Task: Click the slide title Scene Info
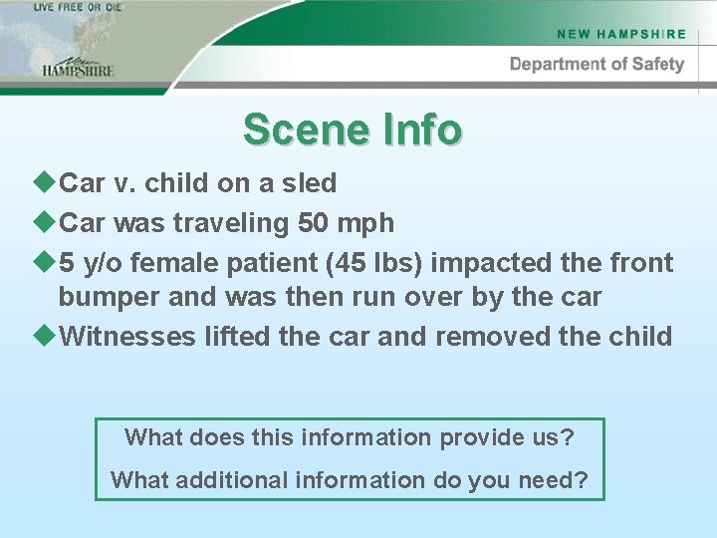point(353,130)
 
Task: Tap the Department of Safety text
point(597,65)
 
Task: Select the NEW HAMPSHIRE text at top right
point(621,33)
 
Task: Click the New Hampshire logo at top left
point(78,66)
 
